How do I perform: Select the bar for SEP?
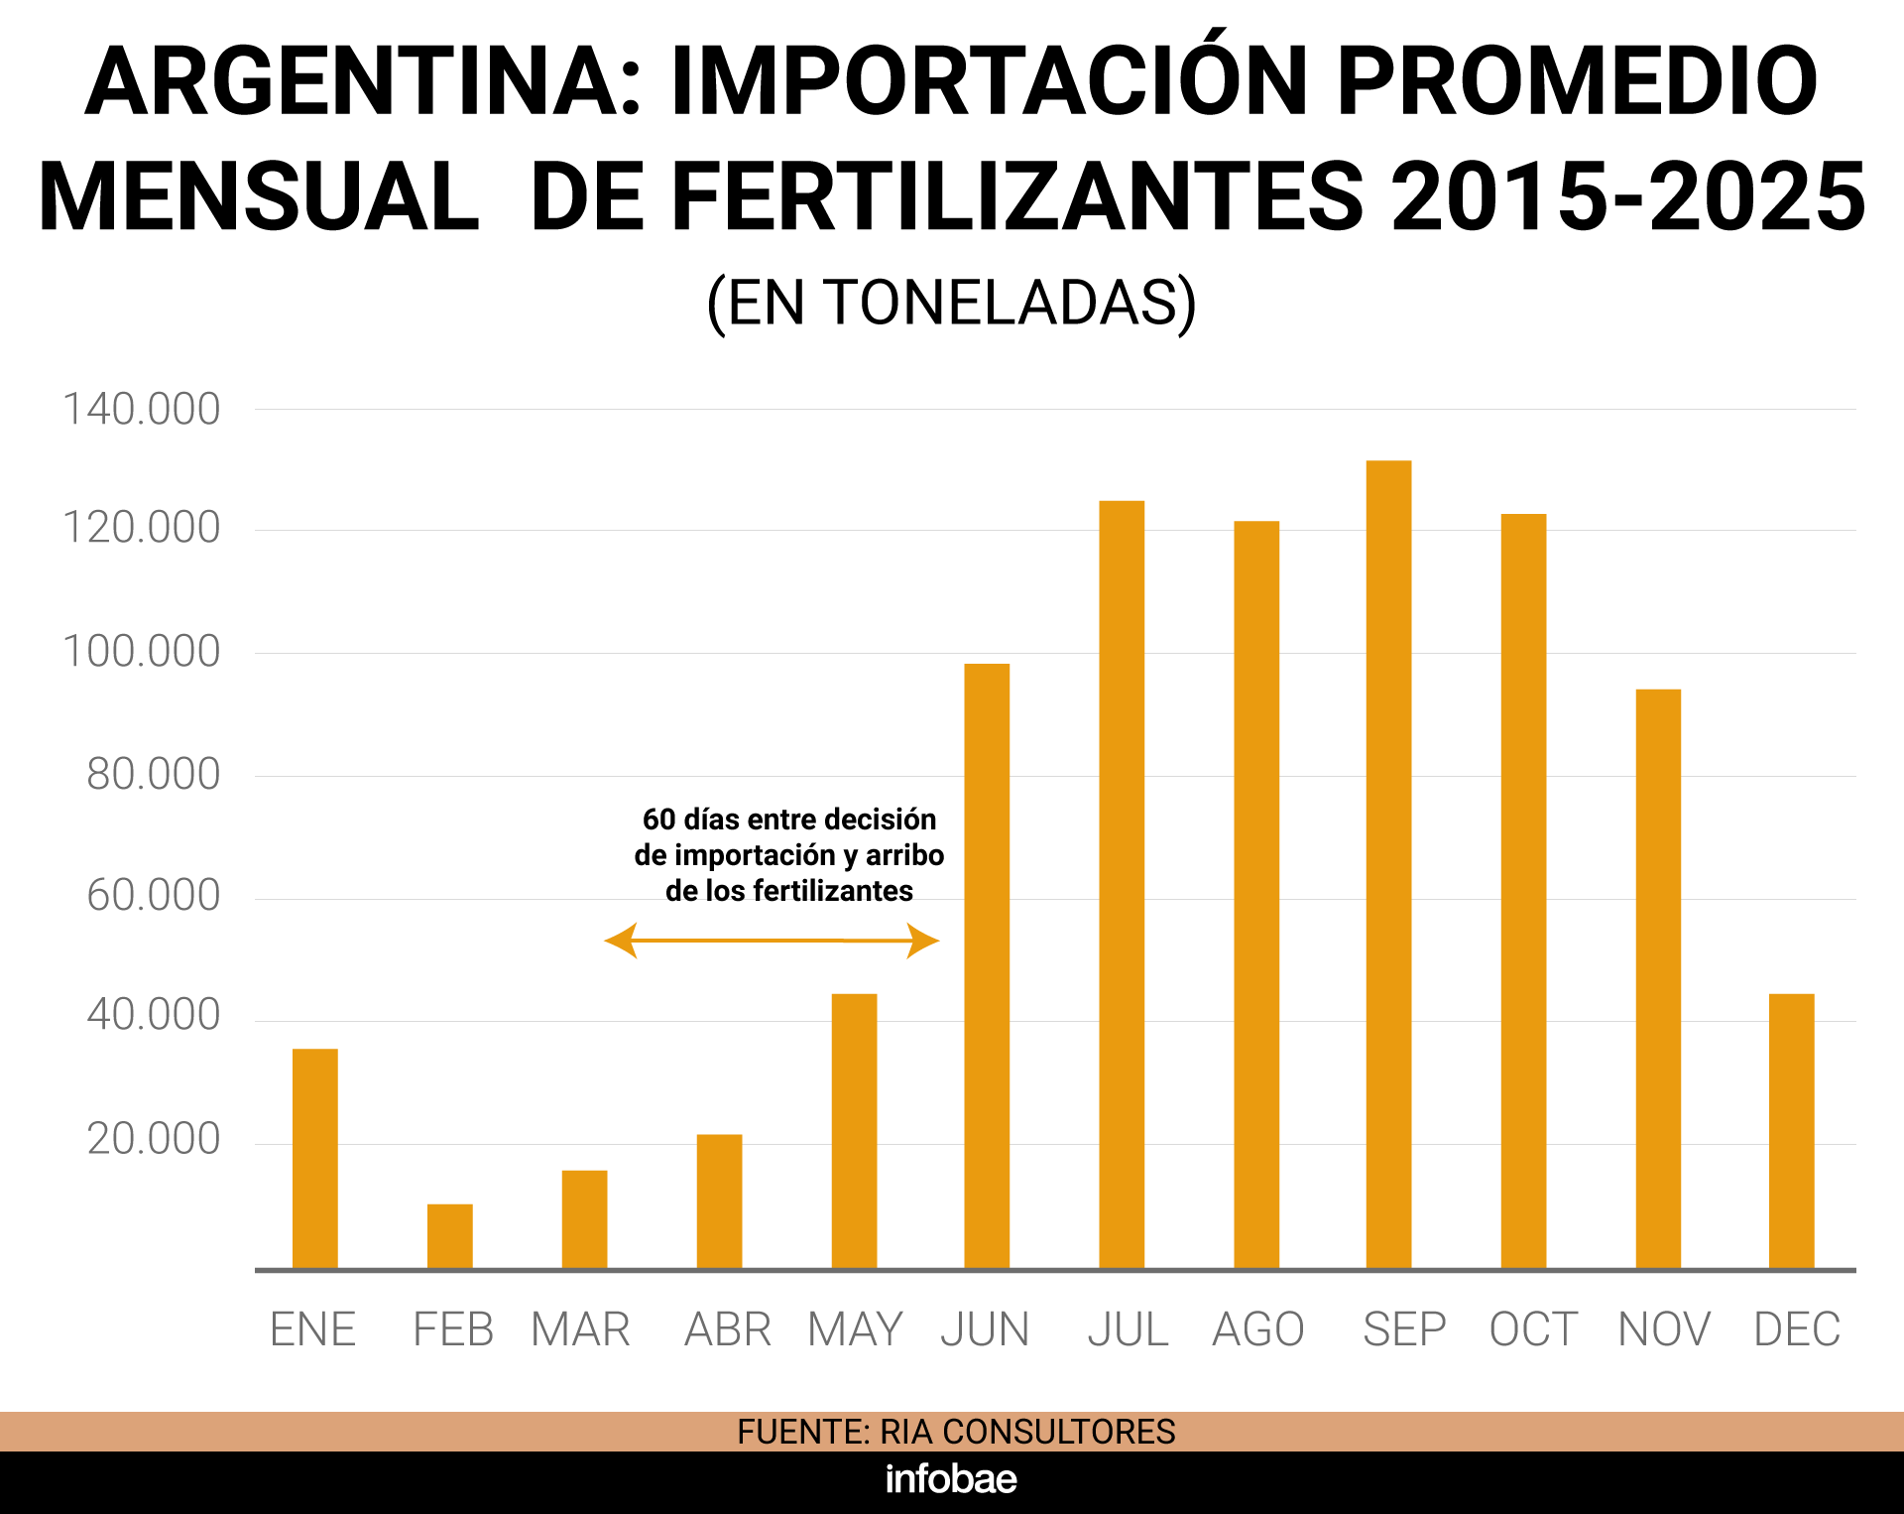click(x=1388, y=863)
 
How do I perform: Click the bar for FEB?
click(x=449, y=1235)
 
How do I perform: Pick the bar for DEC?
click(x=1791, y=1131)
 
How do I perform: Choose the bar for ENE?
click(x=314, y=1158)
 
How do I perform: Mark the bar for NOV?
click(x=1657, y=978)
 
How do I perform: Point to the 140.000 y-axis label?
click(x=141, y=410)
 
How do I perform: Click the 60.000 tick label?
click(x=153, y=896)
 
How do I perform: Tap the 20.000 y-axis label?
click(x=153, y=1139)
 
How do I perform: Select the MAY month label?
click(x=855, y=1329)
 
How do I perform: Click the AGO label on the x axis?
click(x=1257, y=1329)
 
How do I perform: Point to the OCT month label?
click(x=1533, y=1329)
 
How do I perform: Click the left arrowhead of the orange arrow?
click(x=621, y=940)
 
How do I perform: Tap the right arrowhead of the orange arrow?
click(x=923, y=940)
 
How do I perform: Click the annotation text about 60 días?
click(x=788, y=854)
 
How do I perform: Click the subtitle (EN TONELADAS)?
click(x=951, y=303)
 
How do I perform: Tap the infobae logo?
click(x=950, y=1479)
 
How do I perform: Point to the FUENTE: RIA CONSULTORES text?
click(x=955, y=1432)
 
